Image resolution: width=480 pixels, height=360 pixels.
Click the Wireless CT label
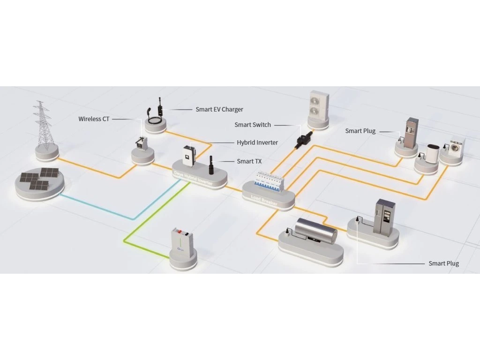[93, 119]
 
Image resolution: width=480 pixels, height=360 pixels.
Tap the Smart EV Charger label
[219, 110]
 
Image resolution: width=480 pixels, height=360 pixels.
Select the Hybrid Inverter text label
[257, 142]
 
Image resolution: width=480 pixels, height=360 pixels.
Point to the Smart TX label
[249, 161]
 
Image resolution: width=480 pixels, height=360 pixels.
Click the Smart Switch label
[252, 125]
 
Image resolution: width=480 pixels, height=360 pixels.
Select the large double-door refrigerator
[383, 216]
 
